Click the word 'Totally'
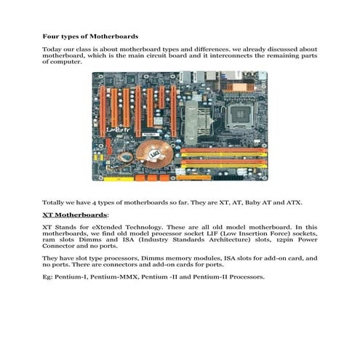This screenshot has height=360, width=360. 53,202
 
